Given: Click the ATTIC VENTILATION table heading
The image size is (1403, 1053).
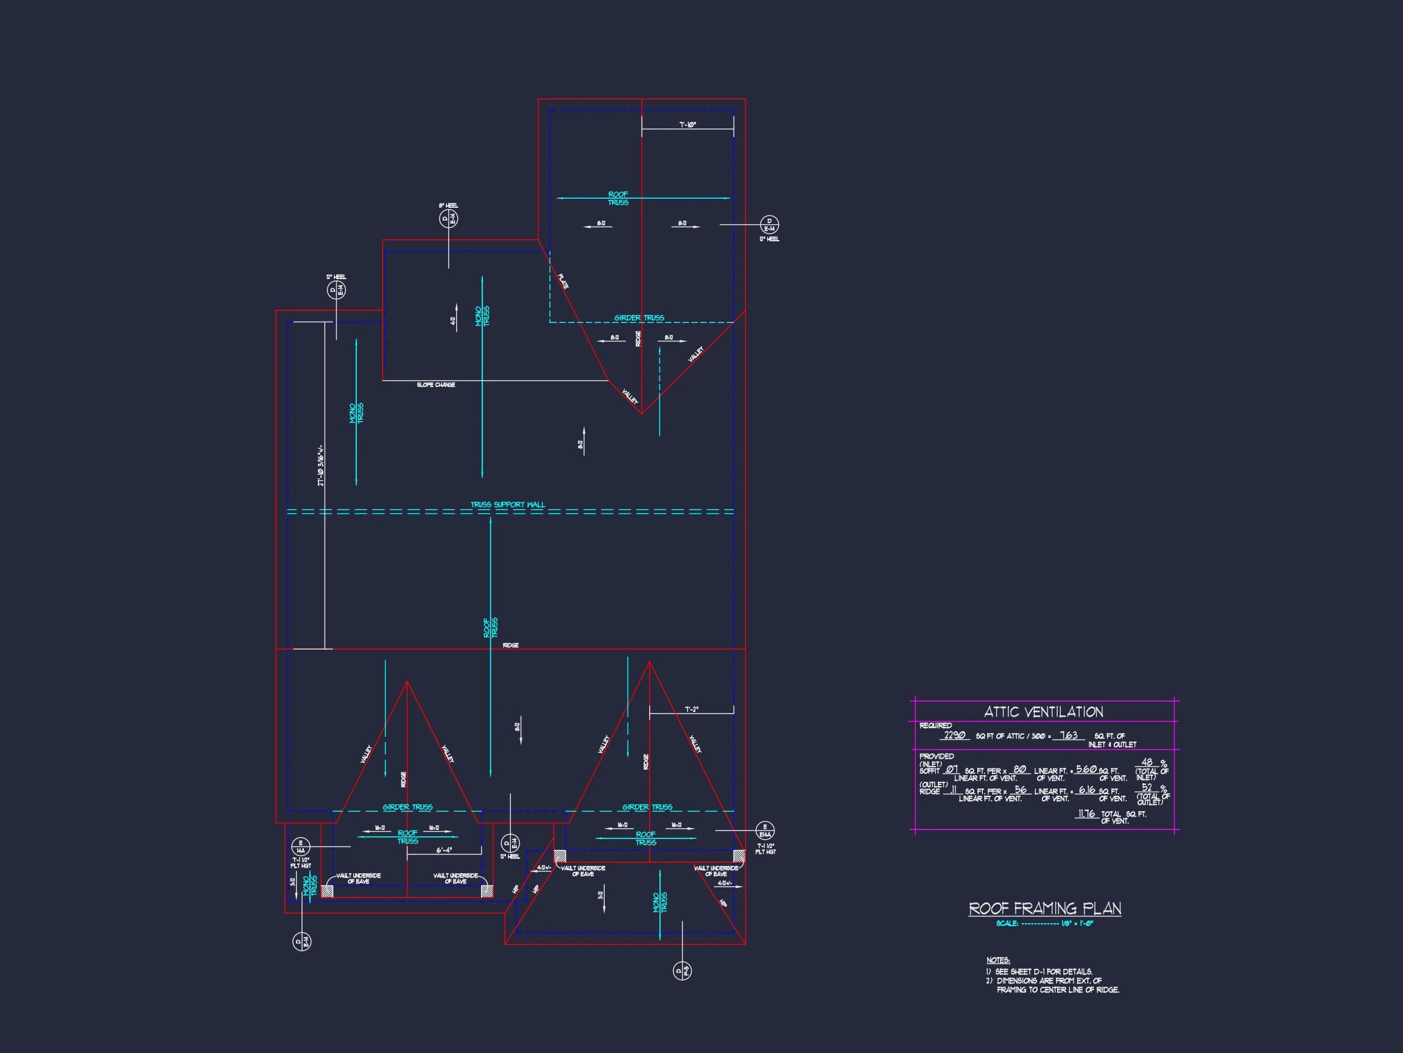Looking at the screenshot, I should [1043, 712].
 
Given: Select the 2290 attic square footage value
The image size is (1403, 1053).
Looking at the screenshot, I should [954, 735].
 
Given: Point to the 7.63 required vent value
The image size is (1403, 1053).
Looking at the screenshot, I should [1069, 735].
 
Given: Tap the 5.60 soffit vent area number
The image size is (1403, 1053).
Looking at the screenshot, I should [1086, 769].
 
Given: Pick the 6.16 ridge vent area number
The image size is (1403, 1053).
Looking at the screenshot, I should [1086, 790].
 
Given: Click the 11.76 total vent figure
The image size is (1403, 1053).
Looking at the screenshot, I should [1086, 813].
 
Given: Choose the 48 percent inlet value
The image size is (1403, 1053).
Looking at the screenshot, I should [1147, 762].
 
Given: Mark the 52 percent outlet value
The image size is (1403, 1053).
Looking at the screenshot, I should [1147, 788].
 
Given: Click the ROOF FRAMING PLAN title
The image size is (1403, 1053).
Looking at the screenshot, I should [1045, 909].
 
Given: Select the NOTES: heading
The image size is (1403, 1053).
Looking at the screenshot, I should [997, 960].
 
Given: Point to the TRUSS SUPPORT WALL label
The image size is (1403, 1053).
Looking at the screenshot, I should [507, 505].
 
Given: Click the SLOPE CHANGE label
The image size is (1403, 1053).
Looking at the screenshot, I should [436, 385].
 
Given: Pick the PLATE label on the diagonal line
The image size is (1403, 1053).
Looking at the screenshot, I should [563, 281].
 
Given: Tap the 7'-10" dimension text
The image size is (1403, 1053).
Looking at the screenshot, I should [687, 125].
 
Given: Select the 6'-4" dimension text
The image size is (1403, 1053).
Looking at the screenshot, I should [444, 850].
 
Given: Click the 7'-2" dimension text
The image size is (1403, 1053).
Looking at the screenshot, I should [691, 709].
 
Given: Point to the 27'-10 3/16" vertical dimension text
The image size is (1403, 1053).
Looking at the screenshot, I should [322, 464].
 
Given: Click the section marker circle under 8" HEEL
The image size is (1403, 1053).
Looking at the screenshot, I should [448, 219].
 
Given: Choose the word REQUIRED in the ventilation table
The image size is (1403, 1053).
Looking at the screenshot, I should [935, 726].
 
